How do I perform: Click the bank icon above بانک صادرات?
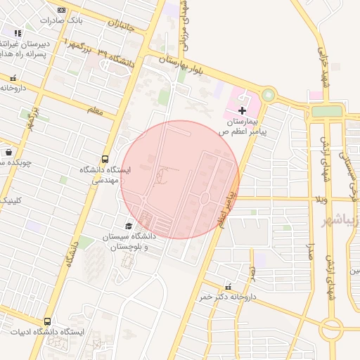[x=62, y=10]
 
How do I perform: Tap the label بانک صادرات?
[x=61, y=20]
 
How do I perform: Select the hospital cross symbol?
[x=243, y=110]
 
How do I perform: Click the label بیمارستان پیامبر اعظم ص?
[x=243, y=126]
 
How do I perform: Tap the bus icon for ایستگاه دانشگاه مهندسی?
[x=105, y=159]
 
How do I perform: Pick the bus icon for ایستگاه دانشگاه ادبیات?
[x=47, y=321]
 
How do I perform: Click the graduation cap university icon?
[x=129, y=226]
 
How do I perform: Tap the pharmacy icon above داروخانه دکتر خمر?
[x=227, y=287]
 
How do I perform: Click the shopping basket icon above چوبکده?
[x=8, y=152]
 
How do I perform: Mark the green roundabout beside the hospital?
[x=268, y=94]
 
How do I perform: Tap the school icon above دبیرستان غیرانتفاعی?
[x=18, y=33]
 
